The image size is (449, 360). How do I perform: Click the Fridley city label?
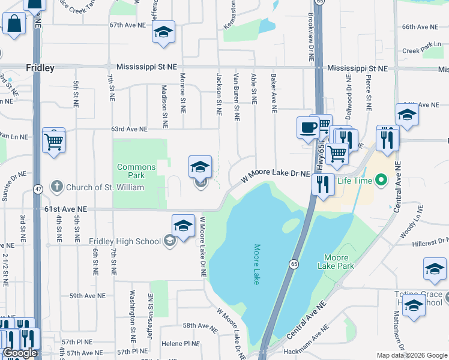(40, 68)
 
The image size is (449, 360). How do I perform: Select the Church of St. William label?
(104, 187)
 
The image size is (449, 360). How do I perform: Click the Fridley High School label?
(125, 241)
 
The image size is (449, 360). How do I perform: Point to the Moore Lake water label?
(256, 263)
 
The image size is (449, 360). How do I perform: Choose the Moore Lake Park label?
(339, 261)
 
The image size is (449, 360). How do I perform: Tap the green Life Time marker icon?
(380, 179)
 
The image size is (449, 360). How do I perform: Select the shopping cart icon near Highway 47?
(53, 142)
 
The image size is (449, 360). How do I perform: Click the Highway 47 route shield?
(38, 189)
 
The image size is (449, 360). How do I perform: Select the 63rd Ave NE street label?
(128, 129)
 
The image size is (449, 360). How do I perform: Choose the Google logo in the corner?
(20, 353)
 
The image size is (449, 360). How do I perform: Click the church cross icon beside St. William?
(57, 187)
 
